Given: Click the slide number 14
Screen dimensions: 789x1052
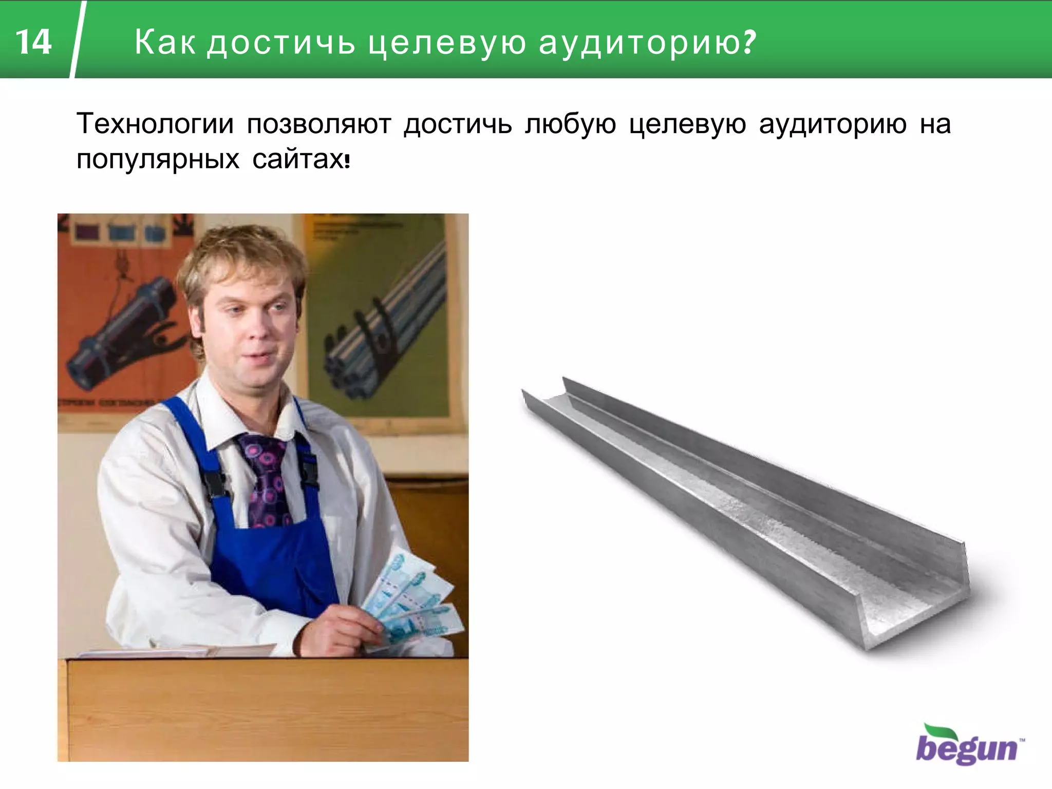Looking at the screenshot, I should click(x=34, y=42).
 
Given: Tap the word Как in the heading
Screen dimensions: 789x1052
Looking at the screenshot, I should click(x=165, y=42).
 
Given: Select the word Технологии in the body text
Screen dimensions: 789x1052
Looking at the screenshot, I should click(x=155, y=124).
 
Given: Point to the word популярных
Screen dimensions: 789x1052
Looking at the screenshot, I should click(x=158, y=159).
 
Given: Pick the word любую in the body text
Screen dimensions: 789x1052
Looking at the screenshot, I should click(x=570, y=124).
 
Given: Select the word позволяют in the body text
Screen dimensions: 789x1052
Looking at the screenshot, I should click(x=318, y=124).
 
